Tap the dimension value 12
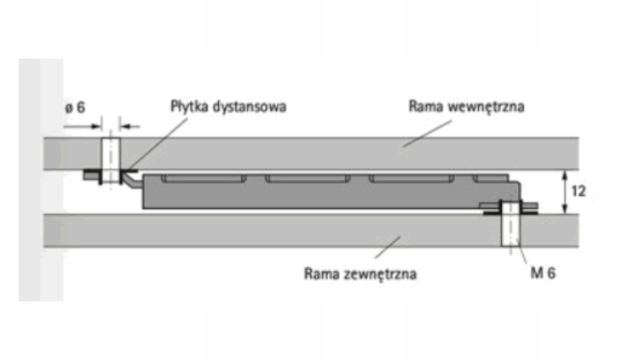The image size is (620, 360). coord(578,192)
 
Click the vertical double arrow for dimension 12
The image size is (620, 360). coord(565,192)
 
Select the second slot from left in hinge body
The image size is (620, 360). coord(307,180)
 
